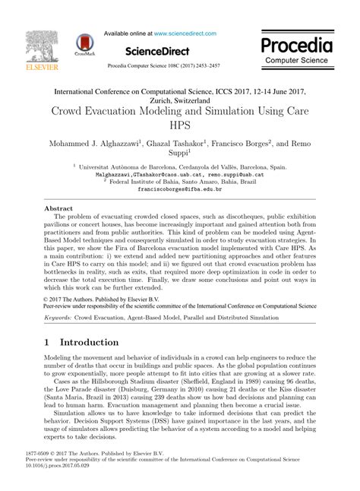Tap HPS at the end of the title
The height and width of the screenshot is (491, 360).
[180, 125]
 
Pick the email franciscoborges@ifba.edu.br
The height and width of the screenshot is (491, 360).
[180, 189]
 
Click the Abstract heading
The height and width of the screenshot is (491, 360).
[58, 207]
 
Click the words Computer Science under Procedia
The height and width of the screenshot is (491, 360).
[298, 59]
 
